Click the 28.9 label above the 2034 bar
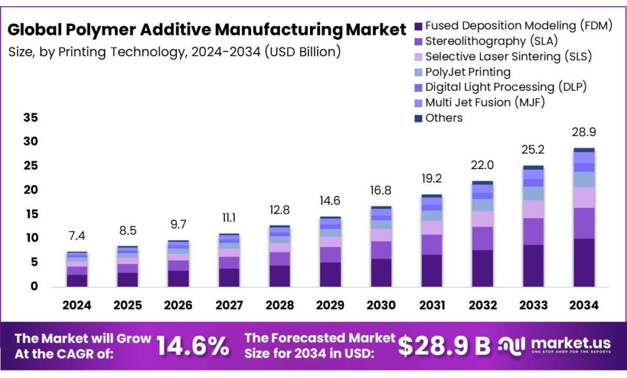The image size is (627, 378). pos(584,132)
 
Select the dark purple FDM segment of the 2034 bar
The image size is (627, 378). pos(584,262)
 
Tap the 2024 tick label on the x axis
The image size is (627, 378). pos(77,305)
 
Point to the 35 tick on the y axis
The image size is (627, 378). pos(31,118)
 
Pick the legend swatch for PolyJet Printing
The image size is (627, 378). pos(419,72)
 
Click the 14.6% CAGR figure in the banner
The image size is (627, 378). pos(193,346)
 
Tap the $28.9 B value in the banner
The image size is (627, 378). pos(444,346)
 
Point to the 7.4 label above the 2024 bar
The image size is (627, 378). pos(77,236)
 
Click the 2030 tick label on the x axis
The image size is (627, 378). pos(381,305)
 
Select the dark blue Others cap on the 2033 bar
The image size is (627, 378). pos(533,167)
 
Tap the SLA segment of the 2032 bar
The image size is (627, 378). pos(482,238)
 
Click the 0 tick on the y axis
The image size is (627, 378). pos(34,286)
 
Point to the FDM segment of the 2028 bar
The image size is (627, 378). pos(280,276)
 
